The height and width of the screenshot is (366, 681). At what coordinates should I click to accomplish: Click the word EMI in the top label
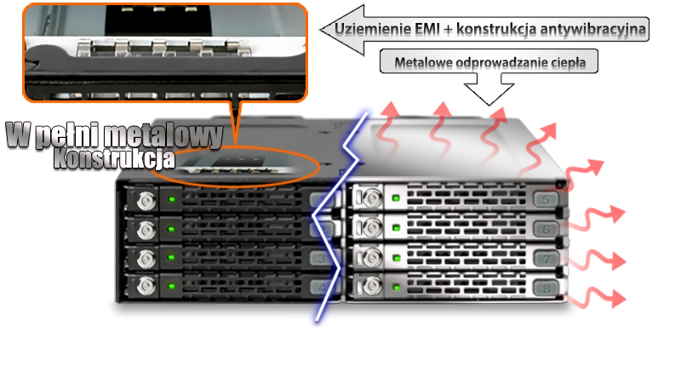pyautogui.click(x=426, y=30)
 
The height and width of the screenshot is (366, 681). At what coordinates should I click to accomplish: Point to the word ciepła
pyautogui.click(x=568, y=63)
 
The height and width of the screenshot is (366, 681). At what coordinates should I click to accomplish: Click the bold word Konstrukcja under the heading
pyautogui.click(x=114, y=158)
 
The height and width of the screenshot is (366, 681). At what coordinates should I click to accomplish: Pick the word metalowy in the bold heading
pyautogui.click(x=163, y=135)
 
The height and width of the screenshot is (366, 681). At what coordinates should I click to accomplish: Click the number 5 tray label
pyautogui.click(x=546, y=200)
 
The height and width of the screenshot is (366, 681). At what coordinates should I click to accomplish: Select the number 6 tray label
pyautogui.click(x=546, y=229)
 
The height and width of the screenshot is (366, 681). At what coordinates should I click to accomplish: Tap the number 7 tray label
pyautogui.click(x=547, y=259)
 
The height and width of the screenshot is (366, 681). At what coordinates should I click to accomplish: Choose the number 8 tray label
pyautogui.click(x=546, y=288)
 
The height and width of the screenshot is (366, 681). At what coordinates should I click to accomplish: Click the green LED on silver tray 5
pyautogui.click(x=396, y=198)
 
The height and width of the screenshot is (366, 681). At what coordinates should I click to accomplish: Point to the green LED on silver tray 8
pyautogui.click(x=396, y=287)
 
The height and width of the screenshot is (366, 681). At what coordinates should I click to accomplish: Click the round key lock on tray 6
pyautogui.click(x=371, y=227)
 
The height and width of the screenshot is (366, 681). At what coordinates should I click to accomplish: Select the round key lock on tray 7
pyautogui.click(x=371, y=257)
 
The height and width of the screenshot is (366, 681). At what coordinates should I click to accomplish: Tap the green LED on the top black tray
pyautogui.click(x=172, y=199)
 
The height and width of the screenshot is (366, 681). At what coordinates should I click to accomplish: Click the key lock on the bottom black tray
pyautogui.click(x=146, y=286)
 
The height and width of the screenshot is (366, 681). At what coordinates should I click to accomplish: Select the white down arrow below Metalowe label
pyautogui.click(x=489, y=89)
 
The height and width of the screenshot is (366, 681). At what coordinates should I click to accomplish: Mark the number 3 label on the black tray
pyautogui.click(x=322, y=259)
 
